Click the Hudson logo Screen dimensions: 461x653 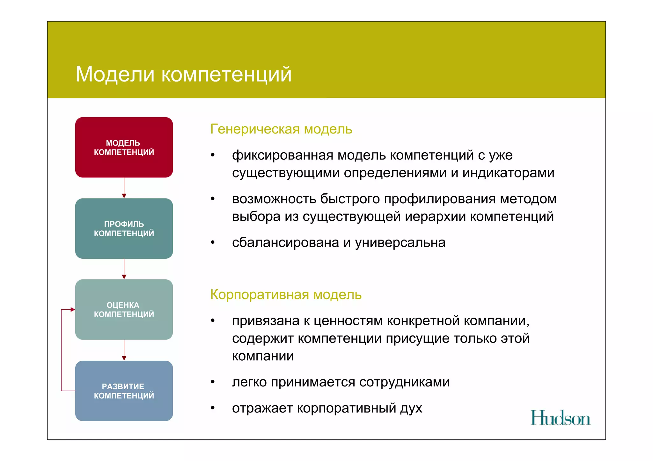[560, 418]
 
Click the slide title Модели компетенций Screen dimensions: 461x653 [184, 74]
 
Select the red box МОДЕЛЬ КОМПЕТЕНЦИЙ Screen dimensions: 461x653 [124, 147]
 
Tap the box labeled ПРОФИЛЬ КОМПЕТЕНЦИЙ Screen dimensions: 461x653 [124, 228]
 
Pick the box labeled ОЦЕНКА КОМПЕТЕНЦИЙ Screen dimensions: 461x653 [124, 309]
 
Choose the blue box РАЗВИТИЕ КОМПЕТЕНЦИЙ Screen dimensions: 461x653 [124, 391]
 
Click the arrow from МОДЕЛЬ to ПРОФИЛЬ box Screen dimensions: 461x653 [124, 188]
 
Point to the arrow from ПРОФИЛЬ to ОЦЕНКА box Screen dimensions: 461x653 [124, 269]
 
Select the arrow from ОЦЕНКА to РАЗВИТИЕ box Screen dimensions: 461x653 [124, 350]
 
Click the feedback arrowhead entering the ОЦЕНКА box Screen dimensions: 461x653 [73, 309]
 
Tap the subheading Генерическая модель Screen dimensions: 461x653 [281, 129]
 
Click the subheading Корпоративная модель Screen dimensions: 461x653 [286, 295]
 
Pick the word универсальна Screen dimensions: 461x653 [400, 243]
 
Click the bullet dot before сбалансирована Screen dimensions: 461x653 [213, 242]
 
